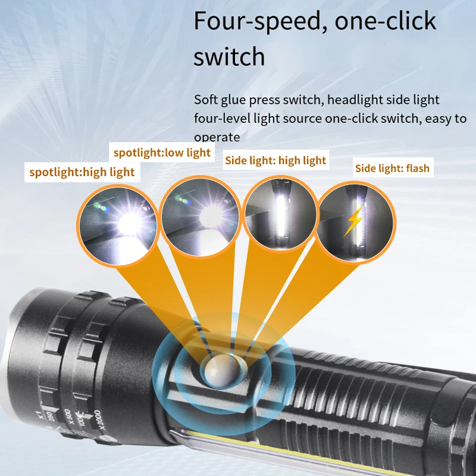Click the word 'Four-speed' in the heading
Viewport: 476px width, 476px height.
[x=261, y=21]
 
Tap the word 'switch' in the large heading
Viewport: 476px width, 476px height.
[x=229, y=57]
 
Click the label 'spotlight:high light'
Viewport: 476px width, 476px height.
[x=82, y=173]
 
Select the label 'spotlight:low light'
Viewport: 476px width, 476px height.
[x=162, y=153]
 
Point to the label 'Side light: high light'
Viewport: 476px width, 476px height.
[x=275, y=160]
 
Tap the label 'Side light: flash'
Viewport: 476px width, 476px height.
[x=392, y=168]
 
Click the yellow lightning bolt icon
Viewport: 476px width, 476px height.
[x=353, y=221]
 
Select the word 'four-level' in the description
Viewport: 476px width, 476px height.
[x=221, y=118]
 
